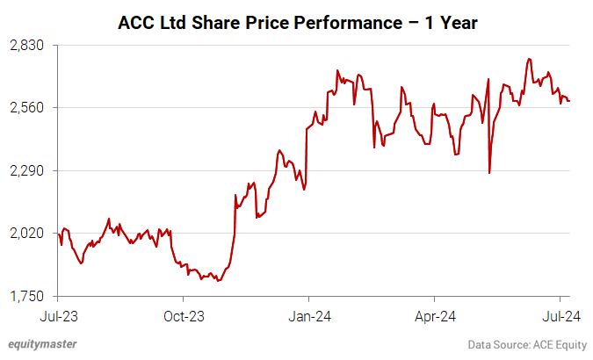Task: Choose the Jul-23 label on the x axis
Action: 58,314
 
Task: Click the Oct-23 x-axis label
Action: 184,314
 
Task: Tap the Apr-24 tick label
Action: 436,314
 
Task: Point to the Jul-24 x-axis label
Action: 560,314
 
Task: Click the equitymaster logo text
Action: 42,344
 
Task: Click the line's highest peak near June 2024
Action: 529,59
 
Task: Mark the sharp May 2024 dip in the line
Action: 489,172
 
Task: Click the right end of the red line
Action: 569,101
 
